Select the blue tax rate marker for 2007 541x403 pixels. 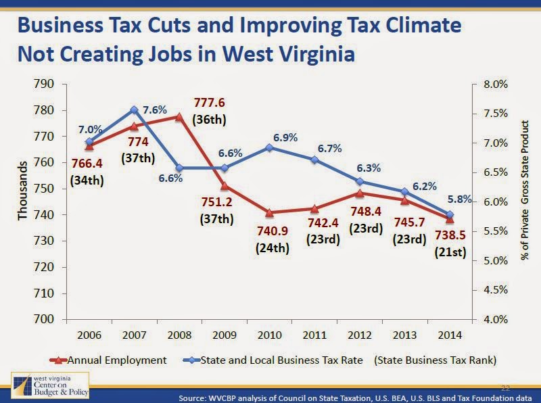tap(134, 110)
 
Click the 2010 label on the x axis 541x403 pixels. tap(269, 335)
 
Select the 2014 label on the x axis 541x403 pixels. tap(450, 335)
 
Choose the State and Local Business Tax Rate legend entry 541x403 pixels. tap(270, 360)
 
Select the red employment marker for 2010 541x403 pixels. tap(269, 213)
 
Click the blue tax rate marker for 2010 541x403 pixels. tap(269, 147)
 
